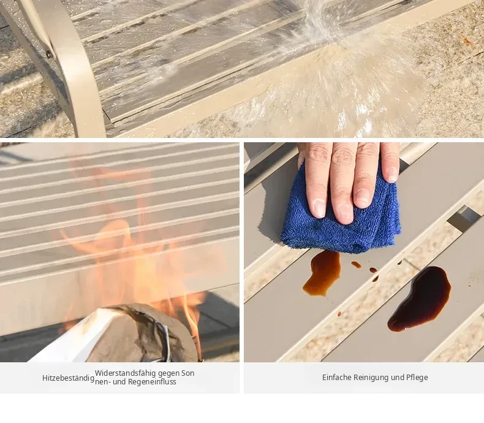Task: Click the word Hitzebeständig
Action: coord(68,378)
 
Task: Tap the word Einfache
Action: coord(336,377)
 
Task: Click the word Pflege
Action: coord(417,378)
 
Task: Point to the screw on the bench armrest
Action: coord(48,55)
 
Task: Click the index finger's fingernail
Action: coord(318,207)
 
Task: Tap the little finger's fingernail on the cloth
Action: coord(392,174)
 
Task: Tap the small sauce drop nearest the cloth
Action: coord(356,265)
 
